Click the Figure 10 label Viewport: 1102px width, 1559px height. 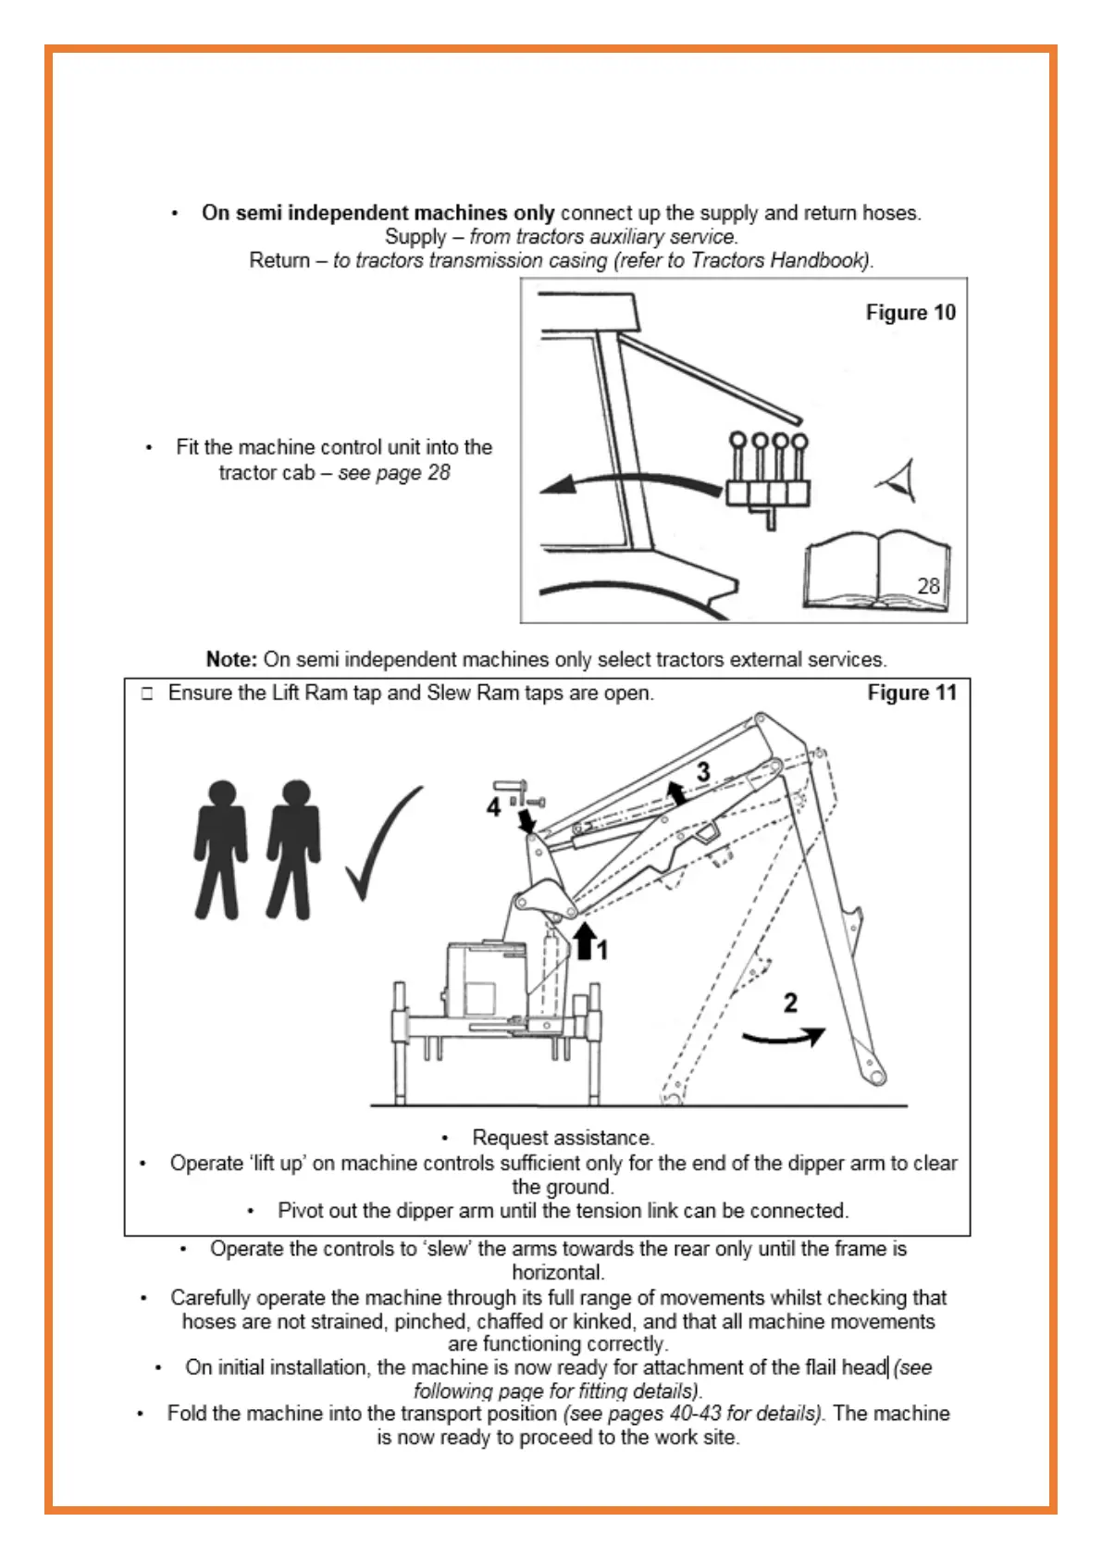pyautogui.click(x=910, y=313)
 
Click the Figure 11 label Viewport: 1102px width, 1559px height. pyautogui.click(x=911, y=692)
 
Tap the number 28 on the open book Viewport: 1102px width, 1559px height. pyautogui.click(x=928, y=586)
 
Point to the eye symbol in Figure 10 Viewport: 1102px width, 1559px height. pyautogui.click(x=898, y=480)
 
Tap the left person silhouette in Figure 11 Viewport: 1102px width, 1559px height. pyautogui.click(x=221, y=849)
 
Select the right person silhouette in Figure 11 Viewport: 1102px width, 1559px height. pyautogui.click(x=294, y=849)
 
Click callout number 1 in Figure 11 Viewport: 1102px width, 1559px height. pyautogui.click(x=602, y=950)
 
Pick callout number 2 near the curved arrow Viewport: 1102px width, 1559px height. pyautogui.click(x=790, y=1003)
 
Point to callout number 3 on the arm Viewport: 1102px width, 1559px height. pyautogui.click(x=703, y=771)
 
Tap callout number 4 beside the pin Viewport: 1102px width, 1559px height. pyautogui.click(x=493, y=808)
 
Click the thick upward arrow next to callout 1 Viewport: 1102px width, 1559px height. pyautogui.click(x=584, y=942)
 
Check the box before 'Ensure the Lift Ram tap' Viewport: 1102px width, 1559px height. pyautogui.click(x=147, y=693)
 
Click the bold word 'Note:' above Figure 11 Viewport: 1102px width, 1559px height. pyautogui.click(x=231, y=659)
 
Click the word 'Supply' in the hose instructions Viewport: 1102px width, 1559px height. pyautogui.click(x=415, y=237)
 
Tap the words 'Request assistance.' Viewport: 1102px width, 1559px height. pyautogui.click(x=563, y=1137)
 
